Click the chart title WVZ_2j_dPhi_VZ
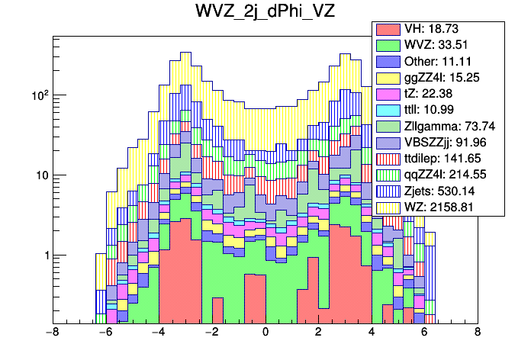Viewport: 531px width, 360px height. [x=265, y=13]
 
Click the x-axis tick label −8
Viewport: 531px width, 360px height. [x=52, y=333]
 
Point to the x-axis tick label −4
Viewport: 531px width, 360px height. [x=158, y=333]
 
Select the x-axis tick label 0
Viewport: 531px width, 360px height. [x=265, y=333]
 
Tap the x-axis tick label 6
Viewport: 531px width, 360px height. [x=425, y=333]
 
